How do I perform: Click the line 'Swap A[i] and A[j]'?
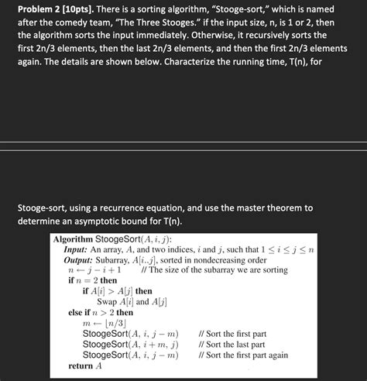pyautogui.click(x=127, y=302)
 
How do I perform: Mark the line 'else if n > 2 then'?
pyautogui.click(x=101, y=312)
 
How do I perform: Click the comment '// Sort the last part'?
pyautogui.click(x=231, y=345)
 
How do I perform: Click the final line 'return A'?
pyautogui.click(x=85, y=366)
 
